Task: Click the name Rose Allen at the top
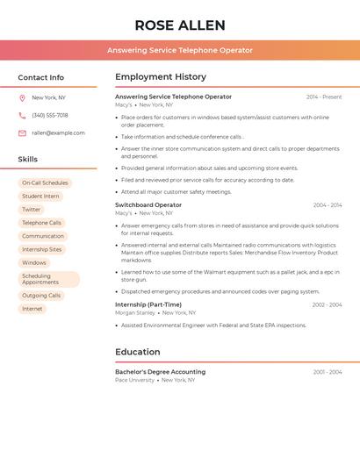click(179, 25)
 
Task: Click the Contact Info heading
click(41, 77)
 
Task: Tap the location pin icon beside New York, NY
click(22, 97)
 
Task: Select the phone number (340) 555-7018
click(50, 115)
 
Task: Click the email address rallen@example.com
click(58, 133)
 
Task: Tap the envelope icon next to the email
click(22, 133)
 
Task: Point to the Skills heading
click(28, 160)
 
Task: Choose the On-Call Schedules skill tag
click(45, 183)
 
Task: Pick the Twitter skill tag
click(32, 210)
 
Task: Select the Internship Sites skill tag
click(42, 249)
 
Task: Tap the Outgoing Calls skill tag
click(41, 296)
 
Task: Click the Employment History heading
click(161, 77)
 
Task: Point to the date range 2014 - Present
click(324, 97)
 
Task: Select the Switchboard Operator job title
click(148, 204)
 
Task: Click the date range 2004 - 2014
click(328, 205)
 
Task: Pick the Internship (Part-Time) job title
click(148, 304)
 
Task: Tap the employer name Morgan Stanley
click(135, 312)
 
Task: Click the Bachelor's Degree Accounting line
click(160, 372)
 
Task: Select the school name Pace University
click(134, 380)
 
